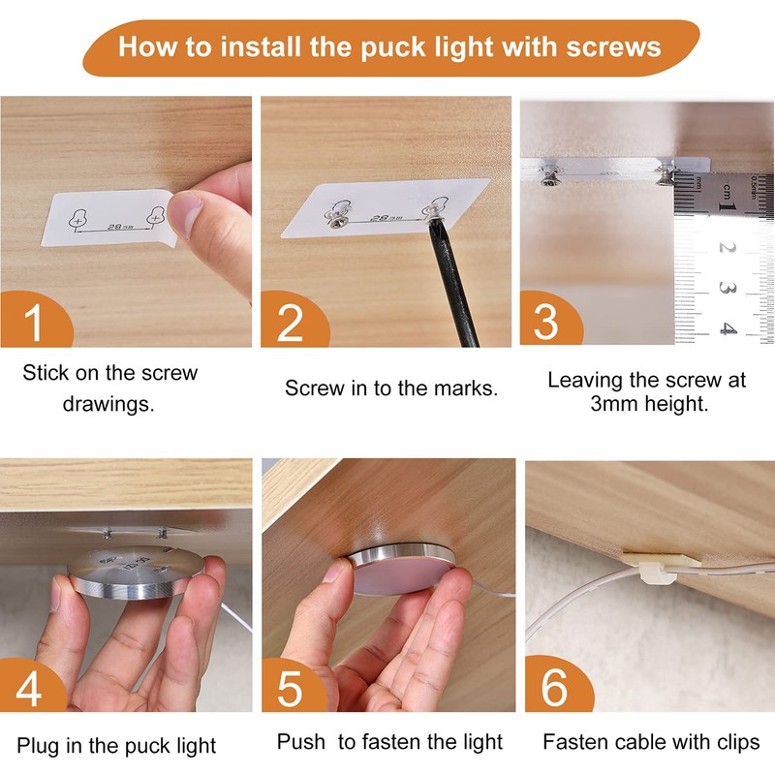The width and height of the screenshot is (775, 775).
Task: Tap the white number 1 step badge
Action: [33, 322]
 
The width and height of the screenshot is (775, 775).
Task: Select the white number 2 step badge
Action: [290, 322]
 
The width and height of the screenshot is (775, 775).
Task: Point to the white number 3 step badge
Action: [545, 322]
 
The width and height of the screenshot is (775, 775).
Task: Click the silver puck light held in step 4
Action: [136, 573]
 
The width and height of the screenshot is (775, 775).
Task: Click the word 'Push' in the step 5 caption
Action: [301, 742]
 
